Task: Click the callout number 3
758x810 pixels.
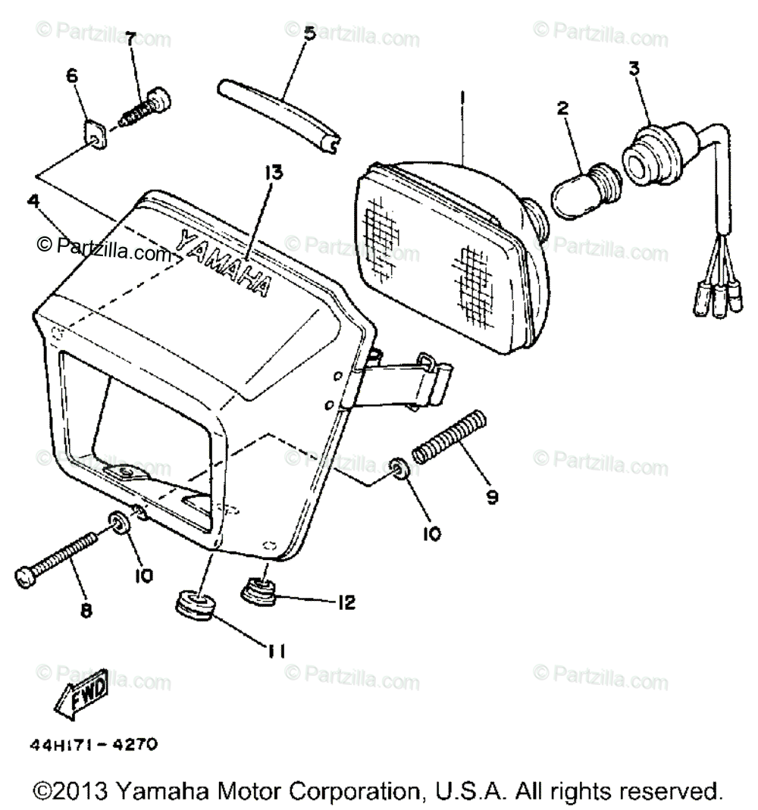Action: click(634, 68)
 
